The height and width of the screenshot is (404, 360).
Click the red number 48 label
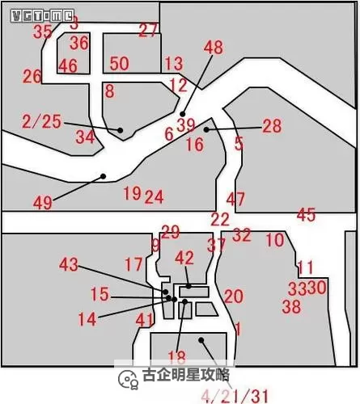click(x=213, y=48)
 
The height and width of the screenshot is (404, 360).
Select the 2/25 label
click(x=42, y=121)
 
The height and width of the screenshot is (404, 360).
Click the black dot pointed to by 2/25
click(x=121, y=130)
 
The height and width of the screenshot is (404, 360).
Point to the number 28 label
click(x=272, y=126)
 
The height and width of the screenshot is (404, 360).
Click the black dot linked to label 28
click(x=207, y=128)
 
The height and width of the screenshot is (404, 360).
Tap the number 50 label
click(x=119, y=63)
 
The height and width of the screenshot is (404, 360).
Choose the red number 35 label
click(x=42, y=32)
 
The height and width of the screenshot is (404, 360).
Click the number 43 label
click(x=70, y=264)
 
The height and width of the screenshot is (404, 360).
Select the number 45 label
click(x=306, y=215)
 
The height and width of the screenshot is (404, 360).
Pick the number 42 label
click(x=184, y=258)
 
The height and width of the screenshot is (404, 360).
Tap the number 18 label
click(x=176, y=356)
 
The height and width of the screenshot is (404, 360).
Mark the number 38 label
click(x=291, y=306)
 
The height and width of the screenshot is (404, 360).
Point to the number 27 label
click(x=148, y=31)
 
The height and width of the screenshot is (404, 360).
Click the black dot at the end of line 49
click(x=103, y=175)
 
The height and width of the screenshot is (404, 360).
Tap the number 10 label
click(x=275, y=240)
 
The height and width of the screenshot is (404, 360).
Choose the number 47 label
click(x=235, y=199)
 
